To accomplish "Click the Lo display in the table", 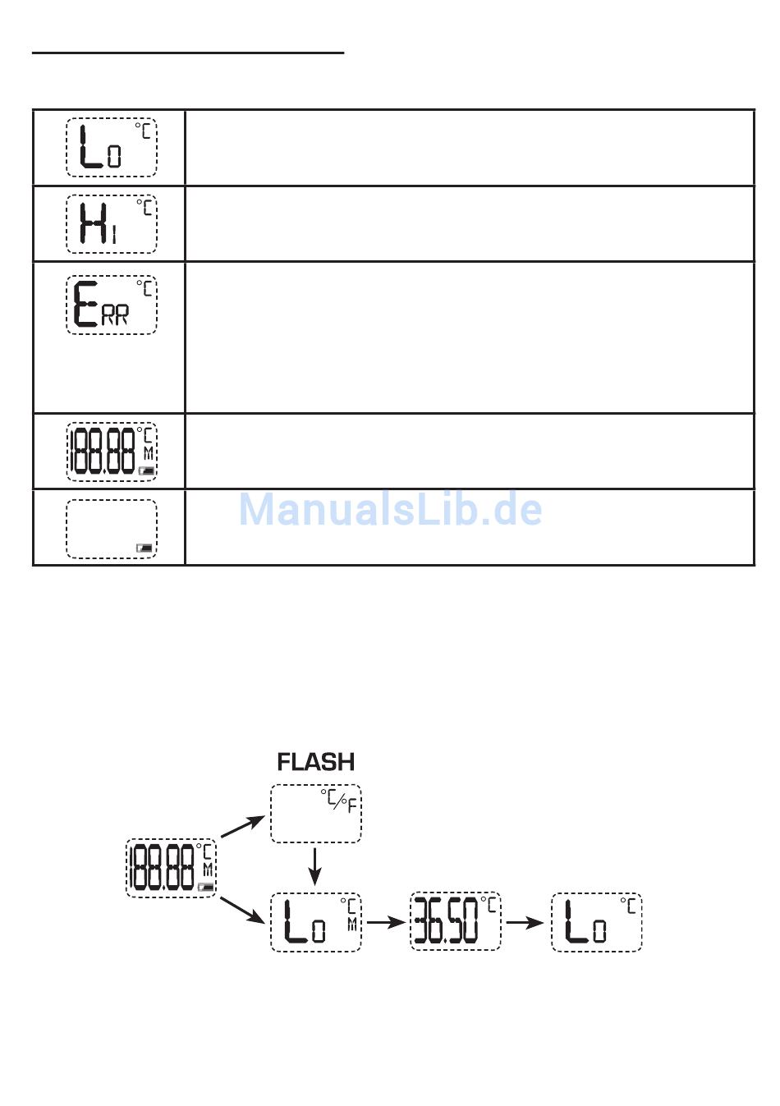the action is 112,148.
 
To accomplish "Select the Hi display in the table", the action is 112,224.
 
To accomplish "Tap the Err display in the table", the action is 112,305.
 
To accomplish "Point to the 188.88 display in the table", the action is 112,452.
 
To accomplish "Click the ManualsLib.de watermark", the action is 390,510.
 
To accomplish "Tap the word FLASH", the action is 316,762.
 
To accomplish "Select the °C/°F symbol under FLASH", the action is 340,801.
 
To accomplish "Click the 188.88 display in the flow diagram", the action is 172,868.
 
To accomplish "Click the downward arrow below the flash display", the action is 314,866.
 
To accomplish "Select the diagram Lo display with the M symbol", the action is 316,922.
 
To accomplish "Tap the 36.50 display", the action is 456,922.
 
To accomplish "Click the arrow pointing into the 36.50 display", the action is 386,922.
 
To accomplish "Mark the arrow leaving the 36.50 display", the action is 525,922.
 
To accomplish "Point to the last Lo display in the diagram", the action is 597,922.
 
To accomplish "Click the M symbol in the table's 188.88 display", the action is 148,453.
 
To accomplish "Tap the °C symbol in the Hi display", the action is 145,207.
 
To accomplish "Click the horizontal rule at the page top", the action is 188,53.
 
